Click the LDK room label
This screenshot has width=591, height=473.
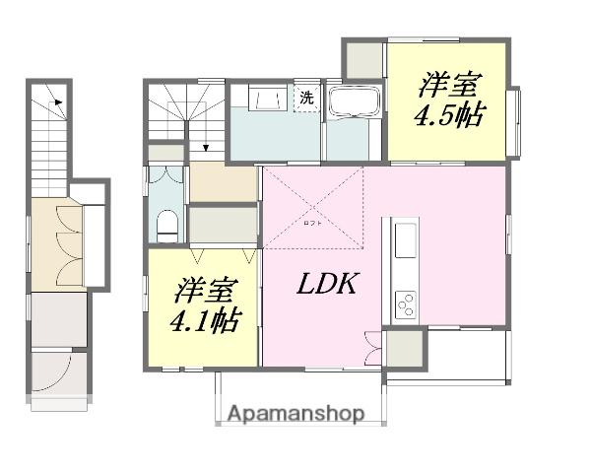click(327, 286)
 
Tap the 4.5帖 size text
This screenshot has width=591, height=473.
click(448, 115)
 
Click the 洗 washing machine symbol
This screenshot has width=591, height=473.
click(306, 98)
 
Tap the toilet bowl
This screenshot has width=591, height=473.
click(166, 223)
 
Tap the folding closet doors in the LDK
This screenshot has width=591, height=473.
click(372, 348)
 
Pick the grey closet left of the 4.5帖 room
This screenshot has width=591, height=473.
click(363, 60)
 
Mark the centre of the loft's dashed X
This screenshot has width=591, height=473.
click(314, 203)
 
